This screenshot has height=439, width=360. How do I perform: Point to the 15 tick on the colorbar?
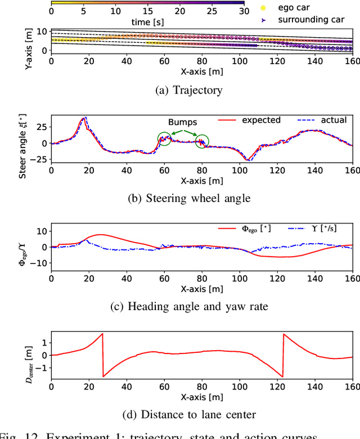click(146, 11)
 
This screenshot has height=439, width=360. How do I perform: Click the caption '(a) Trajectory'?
click(188, 89)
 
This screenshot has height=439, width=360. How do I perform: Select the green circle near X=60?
click(164, 139)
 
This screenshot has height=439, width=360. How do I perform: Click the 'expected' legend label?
click(261, 120)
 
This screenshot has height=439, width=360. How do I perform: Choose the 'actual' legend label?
click(334, 120)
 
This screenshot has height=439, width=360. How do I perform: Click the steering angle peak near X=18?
click(85, 118)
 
